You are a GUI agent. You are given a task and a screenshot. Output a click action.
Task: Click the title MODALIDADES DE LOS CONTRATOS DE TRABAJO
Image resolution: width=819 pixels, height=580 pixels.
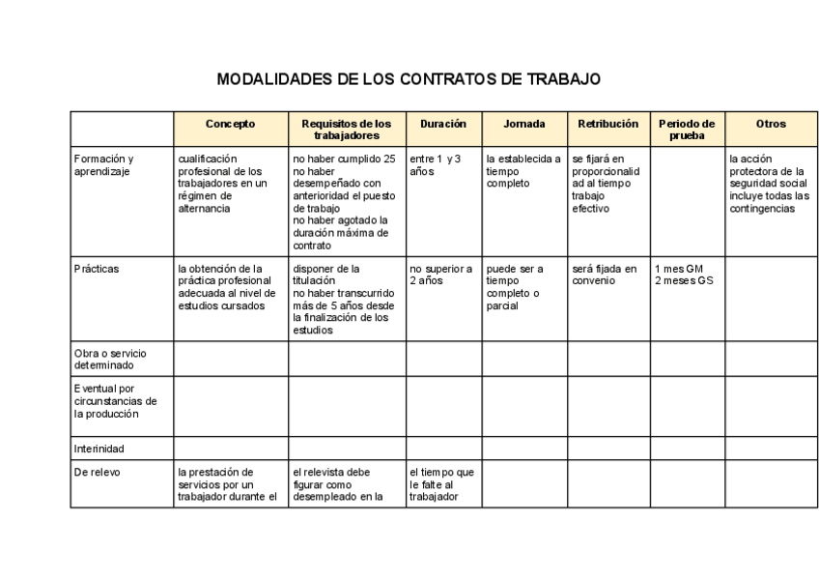[x=409, y=78]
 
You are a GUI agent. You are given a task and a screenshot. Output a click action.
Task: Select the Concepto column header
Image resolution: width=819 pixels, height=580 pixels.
[x=231, y=124]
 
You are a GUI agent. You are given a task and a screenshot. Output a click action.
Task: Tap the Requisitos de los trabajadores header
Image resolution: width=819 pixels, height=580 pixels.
[x=347, y=130]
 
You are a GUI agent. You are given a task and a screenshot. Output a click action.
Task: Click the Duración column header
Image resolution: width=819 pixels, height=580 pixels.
[x=443, y=124]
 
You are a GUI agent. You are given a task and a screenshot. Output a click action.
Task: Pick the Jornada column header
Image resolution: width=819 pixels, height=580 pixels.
[x=523, y=124]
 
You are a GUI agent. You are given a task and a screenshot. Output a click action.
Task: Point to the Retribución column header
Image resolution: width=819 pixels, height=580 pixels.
[x=607, y=124]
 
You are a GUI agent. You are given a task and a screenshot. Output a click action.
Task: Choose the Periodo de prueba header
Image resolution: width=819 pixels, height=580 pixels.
[x=687, y=130]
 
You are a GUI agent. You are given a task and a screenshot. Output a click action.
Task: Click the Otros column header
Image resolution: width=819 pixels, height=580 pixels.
[x=771, y=124]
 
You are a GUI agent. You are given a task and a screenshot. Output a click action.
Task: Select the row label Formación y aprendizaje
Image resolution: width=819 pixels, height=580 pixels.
[x=104, y=165]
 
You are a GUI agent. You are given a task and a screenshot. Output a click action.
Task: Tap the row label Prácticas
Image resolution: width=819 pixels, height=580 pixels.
[x=97, y=269]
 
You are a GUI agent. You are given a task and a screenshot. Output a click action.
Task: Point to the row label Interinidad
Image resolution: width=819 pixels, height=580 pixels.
[x=100, y=449]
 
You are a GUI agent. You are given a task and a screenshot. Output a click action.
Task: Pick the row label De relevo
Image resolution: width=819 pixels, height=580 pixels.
[x=96, y=473]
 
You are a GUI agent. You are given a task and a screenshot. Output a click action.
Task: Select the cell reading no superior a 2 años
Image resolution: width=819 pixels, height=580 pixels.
[x=440, y=275]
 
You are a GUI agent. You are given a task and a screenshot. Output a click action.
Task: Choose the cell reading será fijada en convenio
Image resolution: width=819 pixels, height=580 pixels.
[x=605, y=275]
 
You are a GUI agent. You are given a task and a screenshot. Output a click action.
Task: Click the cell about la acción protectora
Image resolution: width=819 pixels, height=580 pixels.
[x=769, y=184]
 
